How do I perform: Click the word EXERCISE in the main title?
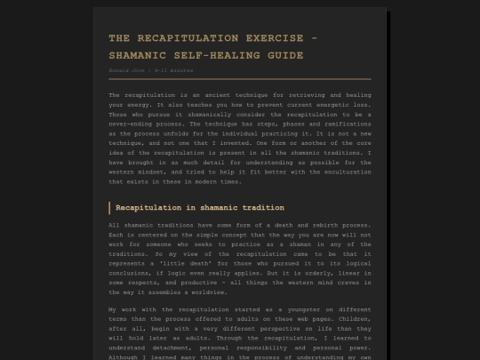(270, 38)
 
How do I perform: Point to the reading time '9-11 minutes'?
(173, 69)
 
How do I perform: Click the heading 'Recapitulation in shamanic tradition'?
(200, 207)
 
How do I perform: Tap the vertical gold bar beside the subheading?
(109, 207)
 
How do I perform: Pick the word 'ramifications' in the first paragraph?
(343, 126)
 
